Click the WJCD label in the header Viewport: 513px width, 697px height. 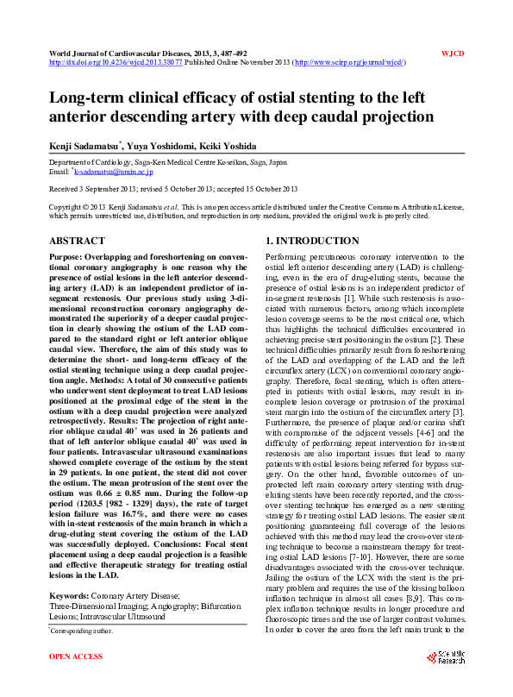pyautogui.click(x=453, y=53)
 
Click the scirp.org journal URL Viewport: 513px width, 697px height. pyautogui.click(x=350, y=63)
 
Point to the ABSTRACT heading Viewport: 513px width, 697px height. pyautogui.click(x=77, y=242)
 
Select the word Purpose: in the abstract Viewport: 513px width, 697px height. pyautogui.click(x=71, y=258)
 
